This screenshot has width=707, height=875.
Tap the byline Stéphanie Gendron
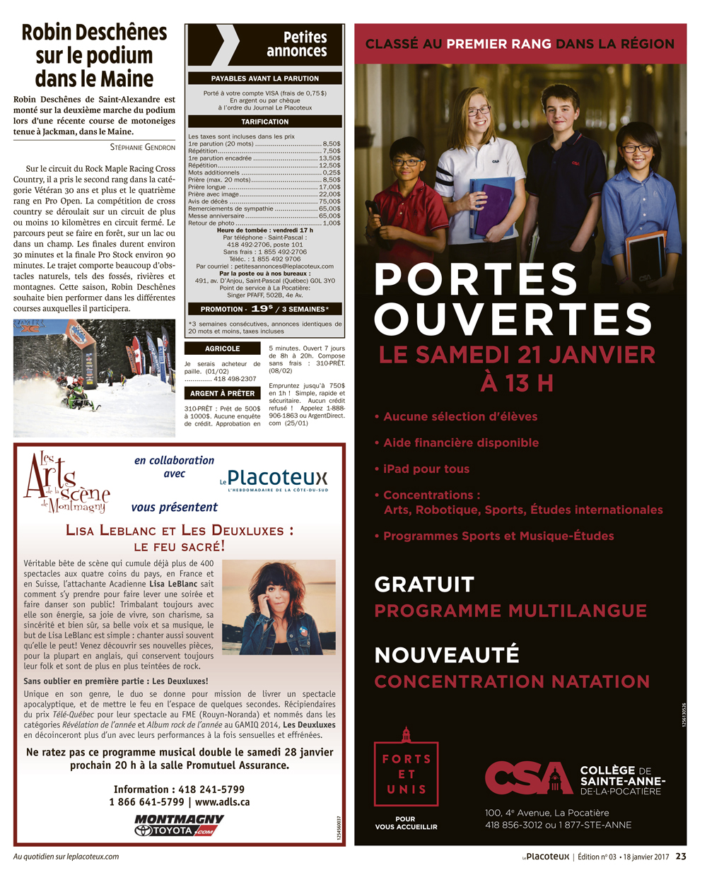click(142, 147)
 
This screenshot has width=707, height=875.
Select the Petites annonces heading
click(296, 44)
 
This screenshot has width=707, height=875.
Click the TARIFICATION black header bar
click(264, 122)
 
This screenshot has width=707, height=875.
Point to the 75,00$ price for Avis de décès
click(329, 201)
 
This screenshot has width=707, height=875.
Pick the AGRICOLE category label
click(222, 348)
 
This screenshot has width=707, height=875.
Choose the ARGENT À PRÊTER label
click(222, 393)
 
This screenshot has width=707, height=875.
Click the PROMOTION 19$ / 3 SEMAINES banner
click(264, 309)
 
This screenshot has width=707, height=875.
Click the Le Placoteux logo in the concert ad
click(274, 480)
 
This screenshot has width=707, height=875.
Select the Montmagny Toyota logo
click(179, 825)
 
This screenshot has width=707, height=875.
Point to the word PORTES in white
click(476, 280)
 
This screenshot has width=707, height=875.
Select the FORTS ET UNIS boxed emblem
click(406, 775)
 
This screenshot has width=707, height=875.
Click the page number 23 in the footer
click(681, 856)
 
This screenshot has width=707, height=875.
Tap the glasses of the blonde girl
click(478, 111)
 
